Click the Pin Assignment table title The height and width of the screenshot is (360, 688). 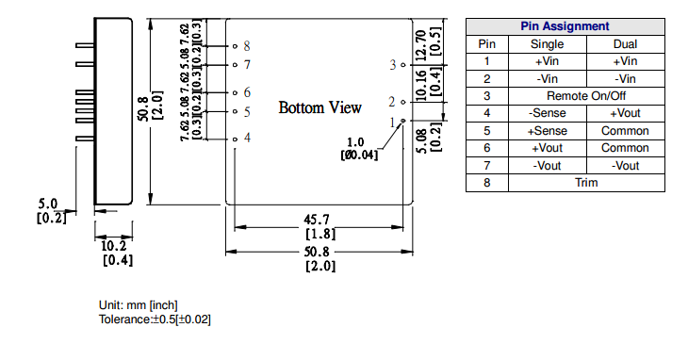click(x=565, y=26)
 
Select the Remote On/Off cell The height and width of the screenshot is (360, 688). click(x=586, y=96)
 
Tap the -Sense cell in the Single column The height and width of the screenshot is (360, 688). click(x=548, y=113)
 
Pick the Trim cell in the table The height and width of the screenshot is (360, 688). click(x=586, y=183)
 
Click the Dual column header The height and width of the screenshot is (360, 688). click(x=625, y=44)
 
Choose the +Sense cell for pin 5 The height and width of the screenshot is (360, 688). click(x=548, y=131)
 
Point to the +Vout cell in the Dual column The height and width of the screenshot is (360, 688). click(x=625, y=113)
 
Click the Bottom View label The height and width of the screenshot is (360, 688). click(x=319, y=107)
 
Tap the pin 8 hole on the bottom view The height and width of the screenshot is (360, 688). click(x=236, y=46)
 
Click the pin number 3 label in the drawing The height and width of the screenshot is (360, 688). click(x=393, y=65)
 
